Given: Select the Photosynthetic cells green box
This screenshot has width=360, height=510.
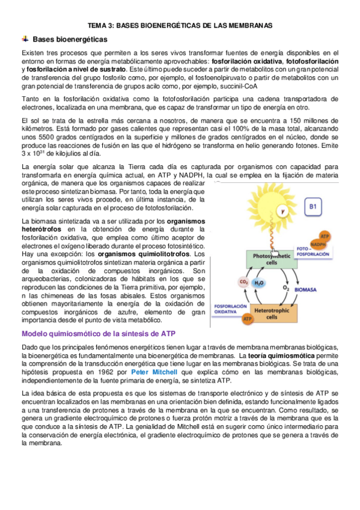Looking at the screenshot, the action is pyautogui.click(x=270, y=259).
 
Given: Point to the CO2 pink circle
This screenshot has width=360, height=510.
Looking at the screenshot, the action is pyautogui.click(x=243, y=281).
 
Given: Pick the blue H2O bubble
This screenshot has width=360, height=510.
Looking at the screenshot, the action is pyautogui.click(x=259, y=283).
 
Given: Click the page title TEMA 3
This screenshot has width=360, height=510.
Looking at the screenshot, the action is pyautogui.click(x=180, y=26).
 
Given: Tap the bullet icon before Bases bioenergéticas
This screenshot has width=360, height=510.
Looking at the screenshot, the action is pyautogui.click(x=25, y=39).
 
